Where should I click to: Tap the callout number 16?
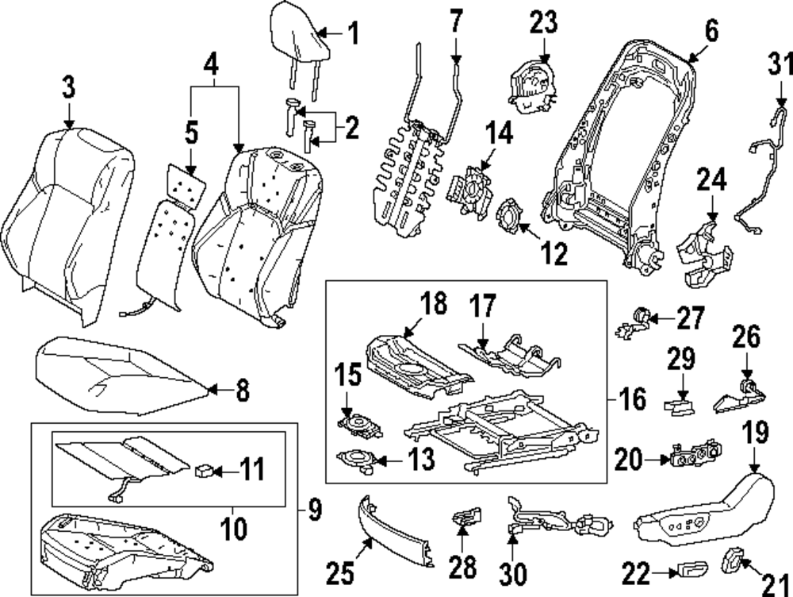632,399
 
